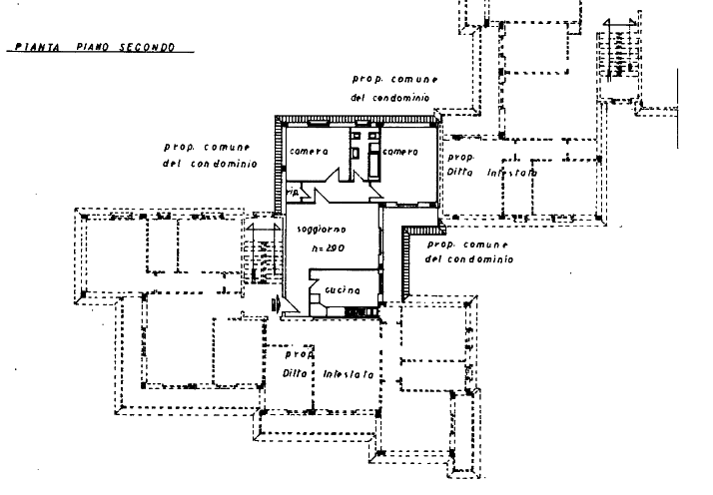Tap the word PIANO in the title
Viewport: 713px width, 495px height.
95,47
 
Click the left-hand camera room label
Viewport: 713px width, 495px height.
309,152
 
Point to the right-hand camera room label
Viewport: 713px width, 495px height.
399,152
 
